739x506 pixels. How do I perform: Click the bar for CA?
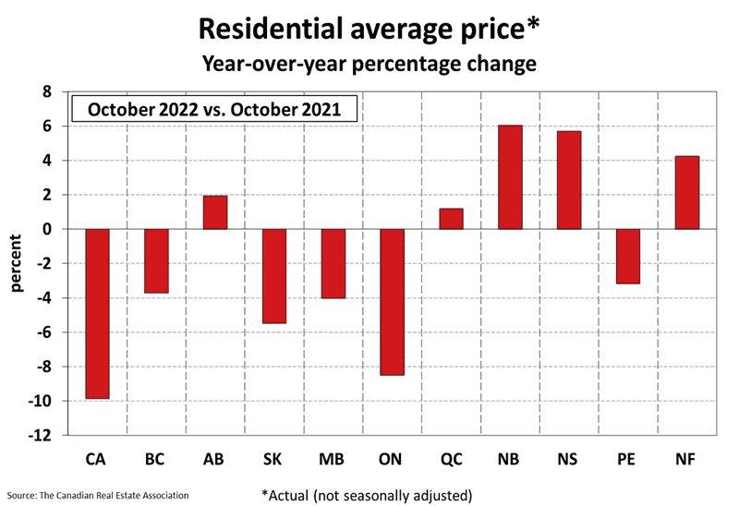coord(97,314)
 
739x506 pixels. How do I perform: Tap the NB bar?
coord(510,177)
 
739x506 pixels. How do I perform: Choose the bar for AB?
coord(215,212)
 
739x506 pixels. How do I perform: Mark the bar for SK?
coord(274,276)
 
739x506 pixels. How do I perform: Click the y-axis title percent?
coord(17,264)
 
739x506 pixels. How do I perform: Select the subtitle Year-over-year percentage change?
coord(369,65)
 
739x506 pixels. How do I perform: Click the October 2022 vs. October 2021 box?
coord(214,109)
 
